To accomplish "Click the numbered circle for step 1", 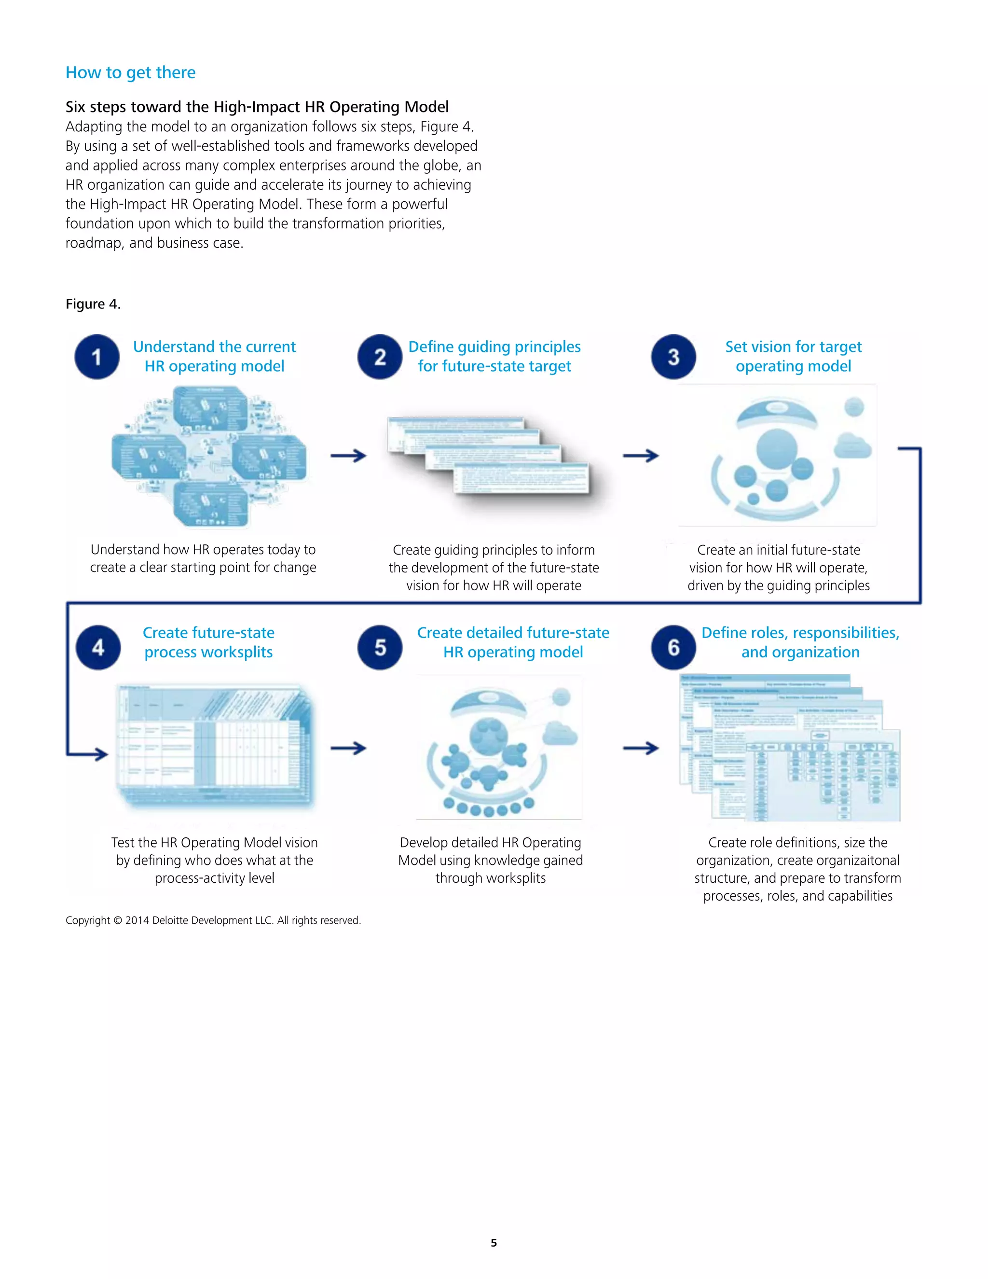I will coord(97,357).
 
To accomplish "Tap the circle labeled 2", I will coord(380,357).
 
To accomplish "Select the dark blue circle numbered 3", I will coord(673,357).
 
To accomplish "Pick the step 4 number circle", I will coord(98,647).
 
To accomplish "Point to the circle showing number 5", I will coord(380,647).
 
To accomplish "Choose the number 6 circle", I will coord(673,647).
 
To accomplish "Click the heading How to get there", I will coord(131,72).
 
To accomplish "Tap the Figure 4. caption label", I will coord(93,304).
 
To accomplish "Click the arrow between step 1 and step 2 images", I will coord(348,456).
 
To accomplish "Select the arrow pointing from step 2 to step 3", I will coord(641,456).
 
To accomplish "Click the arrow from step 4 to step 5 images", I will coord(348,748).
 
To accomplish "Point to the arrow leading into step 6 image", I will coord(641,748).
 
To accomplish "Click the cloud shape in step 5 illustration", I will coord(560,733).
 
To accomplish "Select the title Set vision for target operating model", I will coord(793,356).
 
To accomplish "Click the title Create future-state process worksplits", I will coord(208,642).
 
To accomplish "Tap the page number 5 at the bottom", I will coord(494,1243).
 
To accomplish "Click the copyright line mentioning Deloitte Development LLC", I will coord(213,920).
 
